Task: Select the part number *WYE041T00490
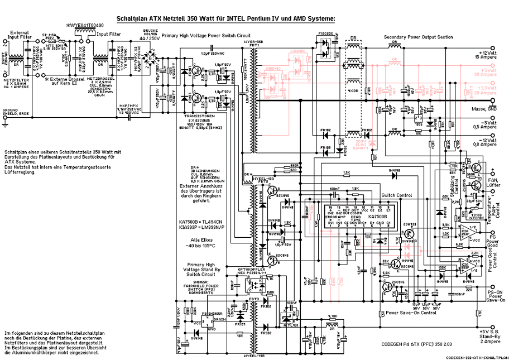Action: pos(89,25)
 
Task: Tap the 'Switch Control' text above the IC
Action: pos(396,196)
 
